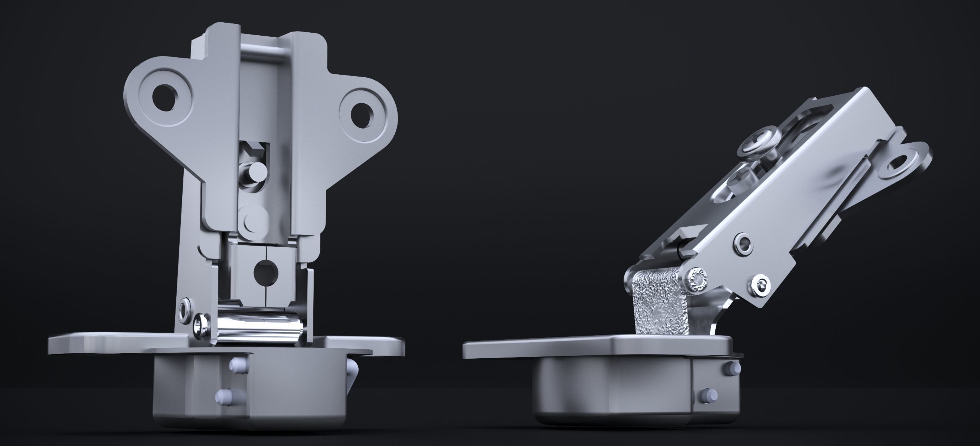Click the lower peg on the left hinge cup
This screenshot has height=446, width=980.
point(225,397)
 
